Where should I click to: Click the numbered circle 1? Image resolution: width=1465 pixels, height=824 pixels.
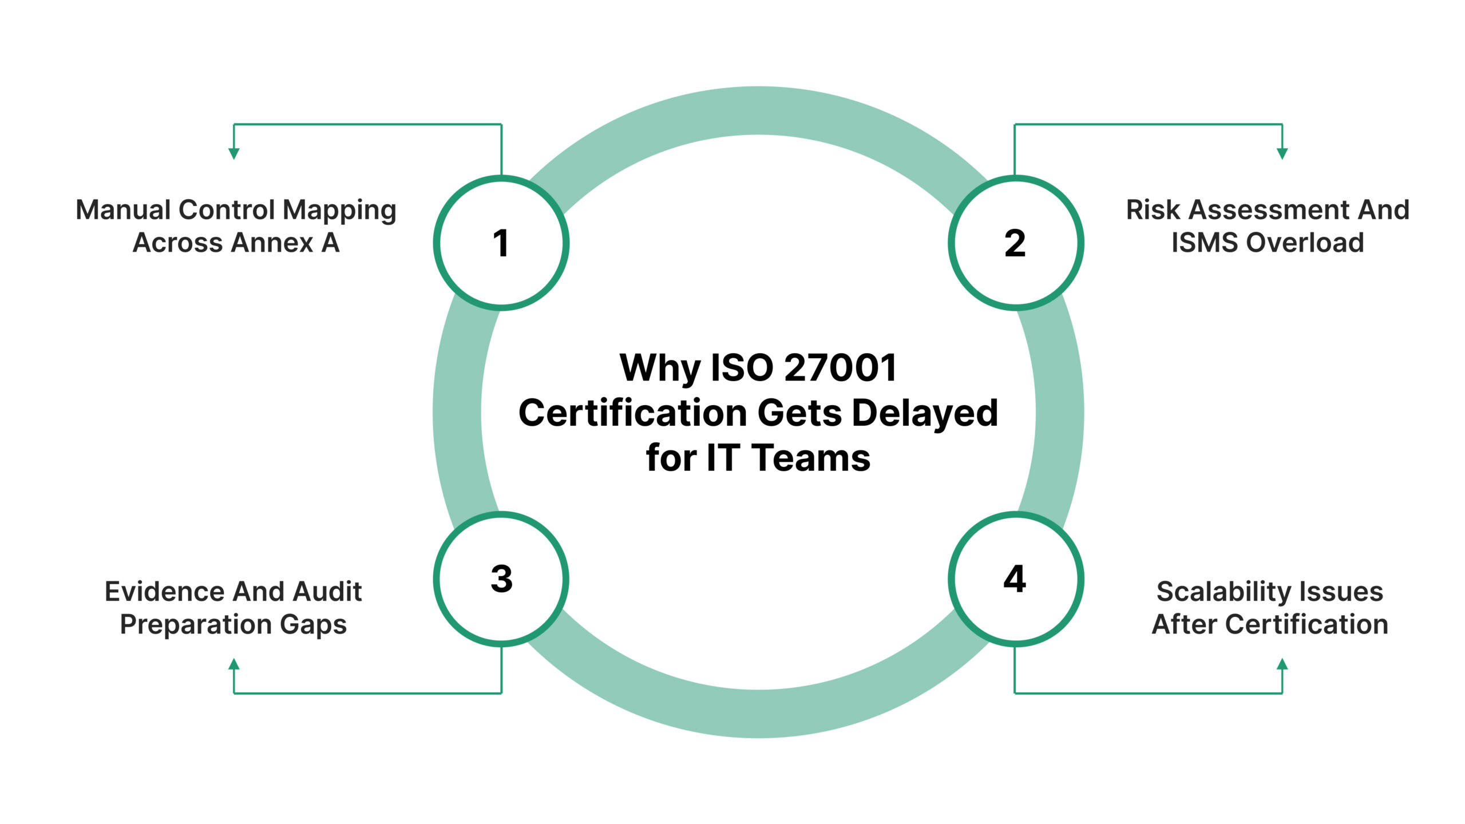point(501,243)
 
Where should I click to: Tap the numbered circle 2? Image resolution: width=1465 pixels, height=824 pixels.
point(1015,243)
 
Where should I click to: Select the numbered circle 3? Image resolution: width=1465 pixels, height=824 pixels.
point(501,579)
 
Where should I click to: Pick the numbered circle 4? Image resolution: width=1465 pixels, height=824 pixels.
point(1015,579)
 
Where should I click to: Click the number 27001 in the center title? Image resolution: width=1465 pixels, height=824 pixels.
point(840,367)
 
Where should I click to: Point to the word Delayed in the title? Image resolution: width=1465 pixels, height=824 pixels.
point(925,413)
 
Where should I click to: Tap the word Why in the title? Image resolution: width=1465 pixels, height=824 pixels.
point(660,369)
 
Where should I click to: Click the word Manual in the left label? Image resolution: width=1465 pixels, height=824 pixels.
point(122,210)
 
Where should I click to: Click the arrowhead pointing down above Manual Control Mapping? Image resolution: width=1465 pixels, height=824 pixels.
point(233,153)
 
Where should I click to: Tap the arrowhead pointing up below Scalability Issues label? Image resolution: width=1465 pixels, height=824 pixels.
point(1282,664)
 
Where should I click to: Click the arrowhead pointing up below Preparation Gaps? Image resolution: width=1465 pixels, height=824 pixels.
point(233,664)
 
